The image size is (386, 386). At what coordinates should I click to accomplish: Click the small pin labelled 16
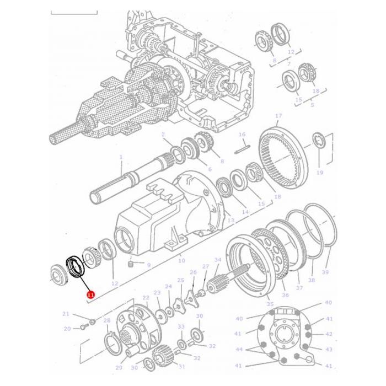241,147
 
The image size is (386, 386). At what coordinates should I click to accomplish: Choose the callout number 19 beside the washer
319,173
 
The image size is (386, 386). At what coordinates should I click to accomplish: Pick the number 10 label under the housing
183,260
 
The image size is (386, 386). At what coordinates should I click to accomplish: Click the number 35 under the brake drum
270,304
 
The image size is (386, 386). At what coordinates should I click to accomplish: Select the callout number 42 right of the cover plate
329,334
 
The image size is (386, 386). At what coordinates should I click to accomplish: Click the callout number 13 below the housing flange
230,221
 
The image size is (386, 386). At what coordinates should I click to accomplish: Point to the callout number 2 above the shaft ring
163,135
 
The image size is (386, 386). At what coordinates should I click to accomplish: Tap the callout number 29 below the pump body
119,367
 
